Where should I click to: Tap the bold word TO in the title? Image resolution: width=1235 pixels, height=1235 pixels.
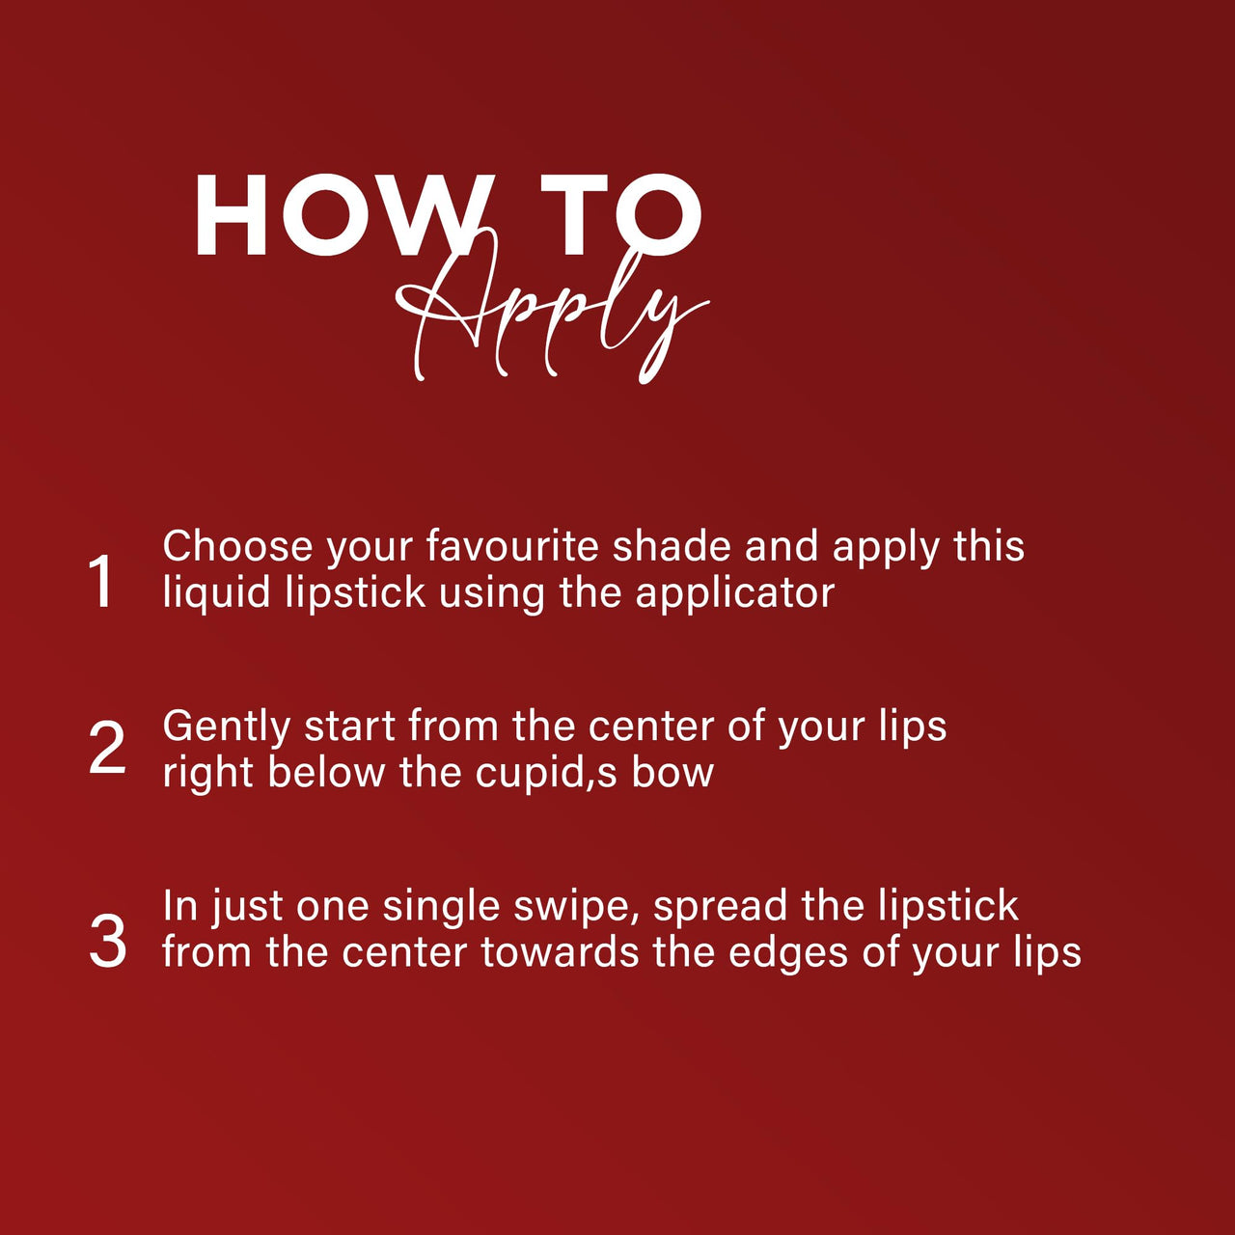click(x=621, y=215)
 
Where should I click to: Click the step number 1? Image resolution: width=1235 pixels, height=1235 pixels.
click(x=102, y=581)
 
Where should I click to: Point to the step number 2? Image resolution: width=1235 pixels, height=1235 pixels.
click(x=107, y=748)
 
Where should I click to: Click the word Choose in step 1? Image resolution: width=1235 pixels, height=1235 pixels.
click(x=237, y=546)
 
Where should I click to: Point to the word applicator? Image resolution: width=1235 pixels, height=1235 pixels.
click(x=734, y=593)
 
